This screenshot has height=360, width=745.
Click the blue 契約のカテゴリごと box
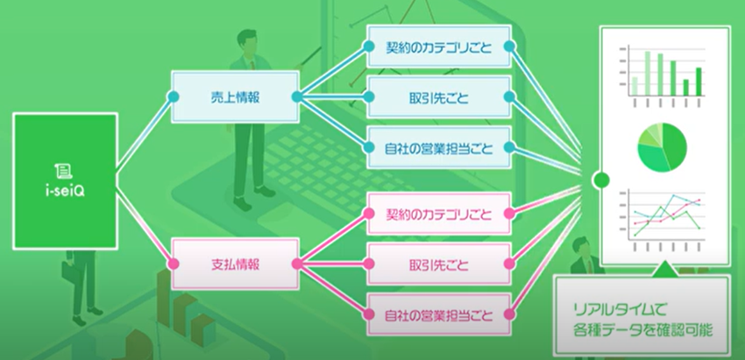(x=437, y=48)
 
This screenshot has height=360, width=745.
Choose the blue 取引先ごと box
(x=437, y=97)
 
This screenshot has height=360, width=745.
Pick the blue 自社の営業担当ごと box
(x=437, y=147)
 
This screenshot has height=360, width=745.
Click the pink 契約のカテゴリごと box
(x=437, y=213)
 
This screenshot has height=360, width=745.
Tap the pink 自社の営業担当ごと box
(x=437, y=312)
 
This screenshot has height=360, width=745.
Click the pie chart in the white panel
(x=662, y=146)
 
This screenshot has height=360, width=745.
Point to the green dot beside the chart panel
(x=600, y=181)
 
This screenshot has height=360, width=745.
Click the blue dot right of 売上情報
(x=296, y=96)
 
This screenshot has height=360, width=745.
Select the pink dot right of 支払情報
(x=296, y=262)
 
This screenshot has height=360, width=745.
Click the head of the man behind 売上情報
(x=246, y=40)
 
